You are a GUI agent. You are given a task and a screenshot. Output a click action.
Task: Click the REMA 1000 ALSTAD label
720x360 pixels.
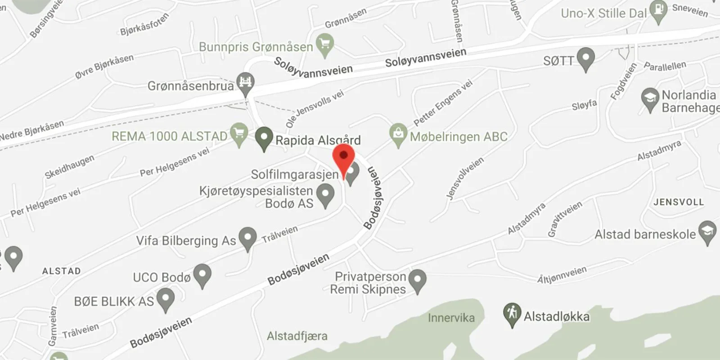[x=169, y=136]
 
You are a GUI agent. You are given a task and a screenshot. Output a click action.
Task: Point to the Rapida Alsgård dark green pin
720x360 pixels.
[x=264, y=138]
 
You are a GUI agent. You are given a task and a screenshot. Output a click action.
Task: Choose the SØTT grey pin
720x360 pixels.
[x=585, y=59]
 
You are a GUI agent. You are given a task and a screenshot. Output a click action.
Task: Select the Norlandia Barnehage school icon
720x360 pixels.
[x=650, y=99]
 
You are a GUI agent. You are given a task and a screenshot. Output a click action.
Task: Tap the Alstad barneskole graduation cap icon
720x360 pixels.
[x=707, y=232]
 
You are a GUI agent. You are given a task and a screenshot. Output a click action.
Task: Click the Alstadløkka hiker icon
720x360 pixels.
[x=512, y=314]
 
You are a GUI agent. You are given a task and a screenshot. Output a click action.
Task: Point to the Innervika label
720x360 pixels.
[x=451, y=318]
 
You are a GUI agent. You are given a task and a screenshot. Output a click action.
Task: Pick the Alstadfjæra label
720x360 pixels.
[x=297, y=336]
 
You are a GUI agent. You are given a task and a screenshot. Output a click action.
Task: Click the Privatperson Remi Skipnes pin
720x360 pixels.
[x=418, y=280]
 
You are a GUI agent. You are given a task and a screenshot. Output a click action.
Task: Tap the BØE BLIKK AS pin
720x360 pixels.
[x=166, y=299]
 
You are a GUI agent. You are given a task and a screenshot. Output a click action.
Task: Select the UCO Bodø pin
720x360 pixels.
[x=202, y=275]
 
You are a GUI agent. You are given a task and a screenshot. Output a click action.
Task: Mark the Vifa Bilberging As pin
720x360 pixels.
[x=247, y=238]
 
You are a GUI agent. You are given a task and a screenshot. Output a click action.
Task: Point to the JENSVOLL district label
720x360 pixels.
[x=678, y=202]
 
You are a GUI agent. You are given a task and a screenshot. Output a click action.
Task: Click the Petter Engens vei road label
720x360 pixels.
[x=443, y=103]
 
